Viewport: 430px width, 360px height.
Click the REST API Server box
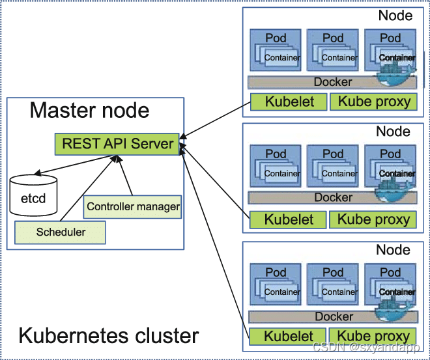[x=117, y=143]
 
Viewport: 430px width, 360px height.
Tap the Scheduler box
[x=61, y=231]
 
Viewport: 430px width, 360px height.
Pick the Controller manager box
[x=133, y=207]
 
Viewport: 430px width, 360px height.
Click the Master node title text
[x=89, y=110]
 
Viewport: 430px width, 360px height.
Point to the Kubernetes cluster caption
[x=108, y=336]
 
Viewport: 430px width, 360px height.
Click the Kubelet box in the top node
[x=289, y=102]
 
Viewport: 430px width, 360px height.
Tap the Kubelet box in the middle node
[x=289, y=220]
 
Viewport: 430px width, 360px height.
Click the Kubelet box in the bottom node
[x=289, y=337]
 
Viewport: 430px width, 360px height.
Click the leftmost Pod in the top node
[x=276, y=49]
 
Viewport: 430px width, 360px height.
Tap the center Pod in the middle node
[x=333, y=165]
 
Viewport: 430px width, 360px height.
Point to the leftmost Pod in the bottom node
[x=276, y=284]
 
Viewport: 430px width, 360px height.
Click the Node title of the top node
[x=395, y=16]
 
